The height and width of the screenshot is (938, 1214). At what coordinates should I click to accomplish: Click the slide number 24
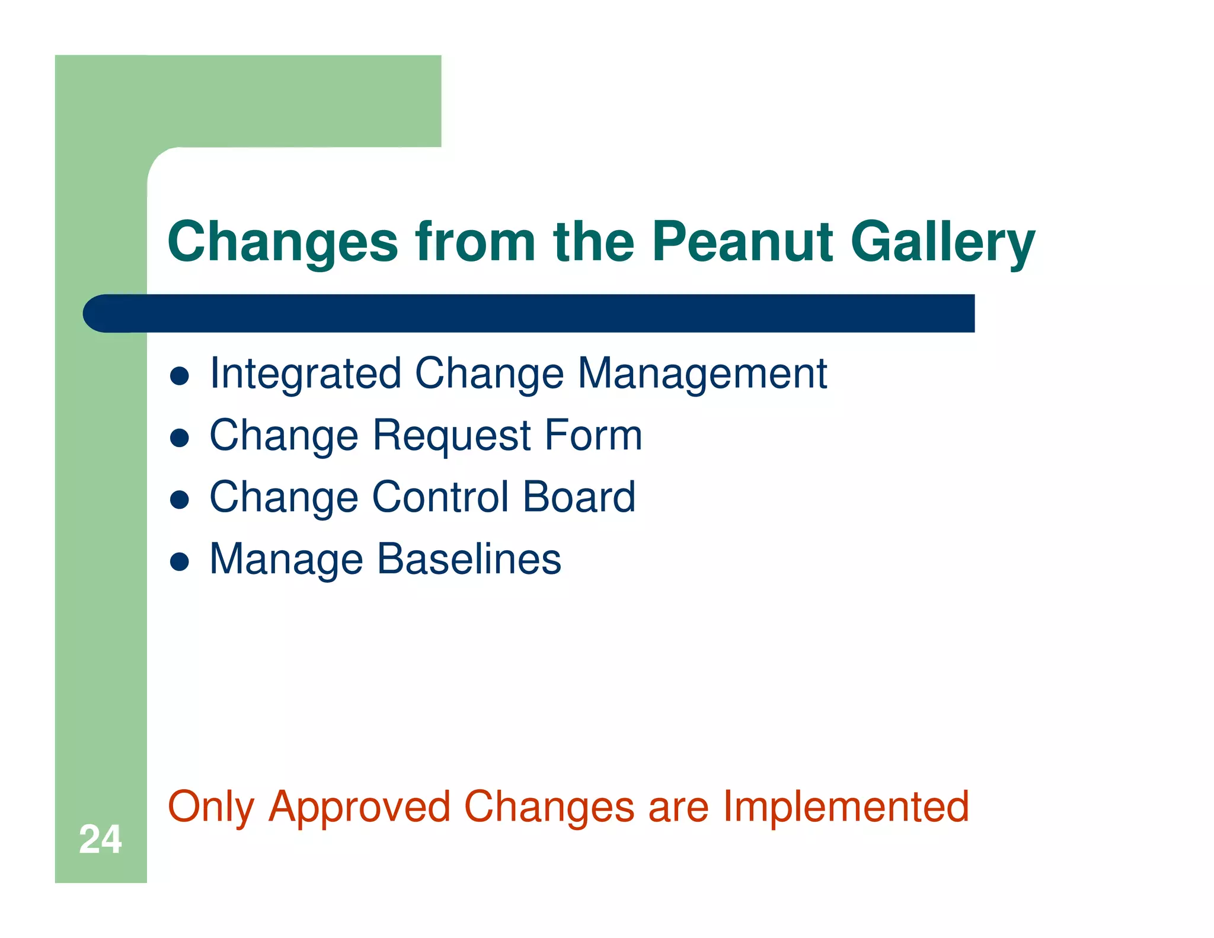point(100,839)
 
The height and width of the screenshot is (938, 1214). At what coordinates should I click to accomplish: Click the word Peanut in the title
point(742,241)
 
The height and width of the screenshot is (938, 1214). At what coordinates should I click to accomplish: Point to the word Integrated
point(305,374)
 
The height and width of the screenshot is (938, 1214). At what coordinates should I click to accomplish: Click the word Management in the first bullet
point(702,374)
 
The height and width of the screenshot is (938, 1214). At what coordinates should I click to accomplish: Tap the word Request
point(452,436)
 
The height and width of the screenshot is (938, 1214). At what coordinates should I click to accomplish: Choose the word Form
point(593,435)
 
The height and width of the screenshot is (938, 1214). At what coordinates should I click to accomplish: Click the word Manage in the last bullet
point(286,560)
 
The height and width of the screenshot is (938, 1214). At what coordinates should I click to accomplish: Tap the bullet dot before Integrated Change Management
point(179,376)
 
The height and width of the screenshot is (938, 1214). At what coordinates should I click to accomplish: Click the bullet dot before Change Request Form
point(179,438)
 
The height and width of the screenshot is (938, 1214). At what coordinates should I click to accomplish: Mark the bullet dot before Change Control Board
point(179,500)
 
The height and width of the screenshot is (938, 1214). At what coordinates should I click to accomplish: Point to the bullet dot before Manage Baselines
point(179,561)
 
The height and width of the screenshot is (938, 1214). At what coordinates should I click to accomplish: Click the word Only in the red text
point(211,808)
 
